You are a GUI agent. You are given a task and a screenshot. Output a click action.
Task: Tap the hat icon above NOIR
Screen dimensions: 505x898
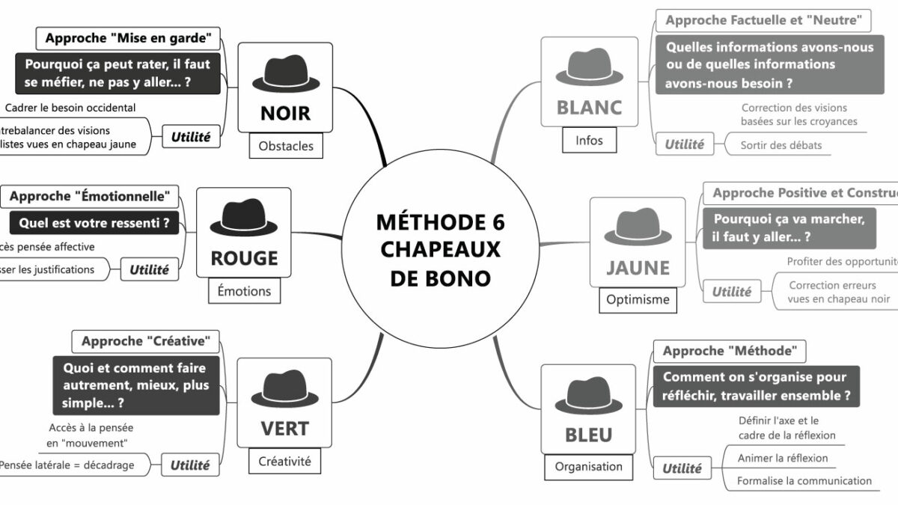point(284,73)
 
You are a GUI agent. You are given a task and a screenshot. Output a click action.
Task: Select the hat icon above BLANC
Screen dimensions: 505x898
point(589,68)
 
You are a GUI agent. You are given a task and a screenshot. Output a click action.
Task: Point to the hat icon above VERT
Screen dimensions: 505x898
point(284,388)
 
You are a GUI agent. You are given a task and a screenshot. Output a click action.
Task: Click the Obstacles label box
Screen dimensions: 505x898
point(286,146)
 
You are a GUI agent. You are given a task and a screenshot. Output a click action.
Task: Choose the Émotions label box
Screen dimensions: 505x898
point(245,290)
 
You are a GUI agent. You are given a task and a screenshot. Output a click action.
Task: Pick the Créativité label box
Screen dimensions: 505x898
point(284,461)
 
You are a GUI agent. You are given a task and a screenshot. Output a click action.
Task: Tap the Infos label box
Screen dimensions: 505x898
point(589,140)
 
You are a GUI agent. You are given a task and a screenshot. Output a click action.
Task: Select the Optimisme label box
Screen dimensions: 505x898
point(638,299)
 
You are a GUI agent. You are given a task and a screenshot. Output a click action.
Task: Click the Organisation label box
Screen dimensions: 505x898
point(588,466)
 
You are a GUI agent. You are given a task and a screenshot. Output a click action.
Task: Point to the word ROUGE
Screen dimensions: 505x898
point(244,258)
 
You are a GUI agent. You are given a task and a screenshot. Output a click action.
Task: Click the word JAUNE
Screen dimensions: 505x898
point(638,267)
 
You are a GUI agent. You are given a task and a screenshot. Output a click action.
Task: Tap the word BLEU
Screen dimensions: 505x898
point(588,435)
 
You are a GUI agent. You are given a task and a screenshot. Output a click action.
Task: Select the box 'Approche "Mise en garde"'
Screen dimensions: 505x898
point(127,37)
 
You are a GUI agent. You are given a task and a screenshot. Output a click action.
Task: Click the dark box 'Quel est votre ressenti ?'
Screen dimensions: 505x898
point(94,222)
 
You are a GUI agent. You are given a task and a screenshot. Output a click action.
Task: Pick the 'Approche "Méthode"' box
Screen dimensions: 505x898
point(730,350)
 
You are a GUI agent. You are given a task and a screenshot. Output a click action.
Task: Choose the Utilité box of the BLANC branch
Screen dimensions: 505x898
point(684,144)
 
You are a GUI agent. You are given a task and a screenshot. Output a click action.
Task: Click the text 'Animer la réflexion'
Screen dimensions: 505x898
point(783,458)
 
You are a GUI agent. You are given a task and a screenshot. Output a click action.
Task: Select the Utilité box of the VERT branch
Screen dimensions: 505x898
point(190,465)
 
